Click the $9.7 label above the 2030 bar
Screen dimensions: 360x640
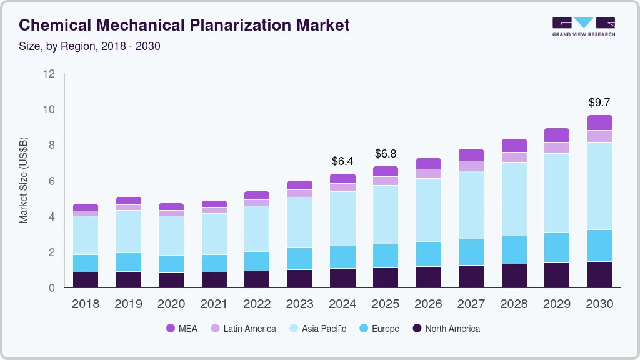point(599,102)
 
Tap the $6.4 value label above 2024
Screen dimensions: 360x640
point(342,161)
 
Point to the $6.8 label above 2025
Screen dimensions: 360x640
point(385,154)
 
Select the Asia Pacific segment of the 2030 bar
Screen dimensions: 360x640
point(599,186)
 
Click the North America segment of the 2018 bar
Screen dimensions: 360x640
point(86,279)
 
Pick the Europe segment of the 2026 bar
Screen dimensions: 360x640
point(428,254)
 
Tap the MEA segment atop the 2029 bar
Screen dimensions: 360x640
point(557,135)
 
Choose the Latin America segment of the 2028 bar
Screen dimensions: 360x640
point(514,157)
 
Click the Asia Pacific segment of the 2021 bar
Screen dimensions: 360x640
point(214,234)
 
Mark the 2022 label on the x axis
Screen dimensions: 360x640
point(257,304)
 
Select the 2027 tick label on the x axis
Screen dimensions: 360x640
point(471,304)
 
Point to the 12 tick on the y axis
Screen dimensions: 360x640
point(49,74)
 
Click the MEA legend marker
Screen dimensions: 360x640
point(171,328)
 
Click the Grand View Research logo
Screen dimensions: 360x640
point(583,27)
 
